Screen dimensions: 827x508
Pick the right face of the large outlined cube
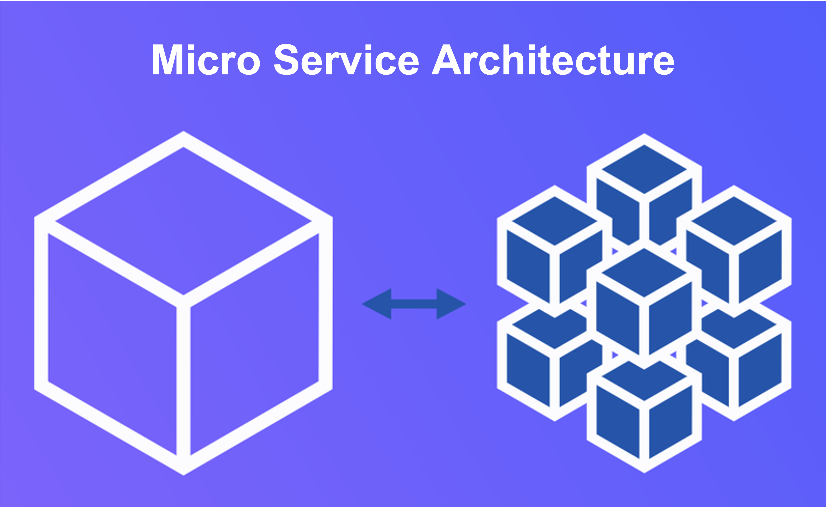254,343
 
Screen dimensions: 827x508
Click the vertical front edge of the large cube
183,380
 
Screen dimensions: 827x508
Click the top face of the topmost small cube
644,169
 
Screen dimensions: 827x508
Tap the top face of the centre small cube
644,272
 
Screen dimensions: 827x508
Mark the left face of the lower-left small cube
528,370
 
